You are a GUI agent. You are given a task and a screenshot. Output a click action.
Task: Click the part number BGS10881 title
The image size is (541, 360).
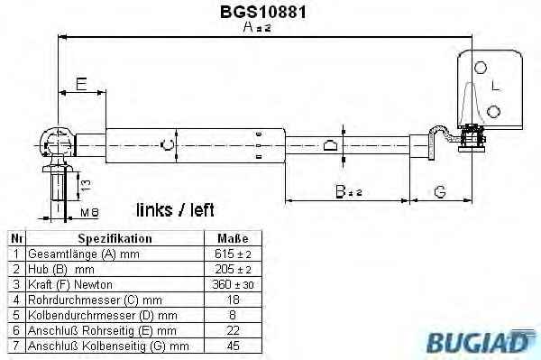pos(263,12)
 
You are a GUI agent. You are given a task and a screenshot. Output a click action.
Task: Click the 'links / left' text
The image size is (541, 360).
pos(175,210)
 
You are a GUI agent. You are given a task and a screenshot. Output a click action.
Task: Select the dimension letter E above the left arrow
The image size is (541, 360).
pos(81,84)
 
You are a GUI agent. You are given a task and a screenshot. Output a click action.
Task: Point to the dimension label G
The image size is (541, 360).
pos(440,191)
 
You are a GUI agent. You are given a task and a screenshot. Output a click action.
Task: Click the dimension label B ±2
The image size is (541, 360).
pos(348,191)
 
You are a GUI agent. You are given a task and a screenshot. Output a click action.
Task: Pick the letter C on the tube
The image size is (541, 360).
pos(168,145)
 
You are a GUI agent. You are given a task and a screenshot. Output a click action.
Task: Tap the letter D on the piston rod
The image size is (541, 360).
pos(330,145)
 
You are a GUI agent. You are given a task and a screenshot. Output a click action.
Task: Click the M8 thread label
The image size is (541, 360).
pos(89,212)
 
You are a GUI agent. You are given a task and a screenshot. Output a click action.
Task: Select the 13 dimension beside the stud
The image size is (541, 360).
pos(86,185)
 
